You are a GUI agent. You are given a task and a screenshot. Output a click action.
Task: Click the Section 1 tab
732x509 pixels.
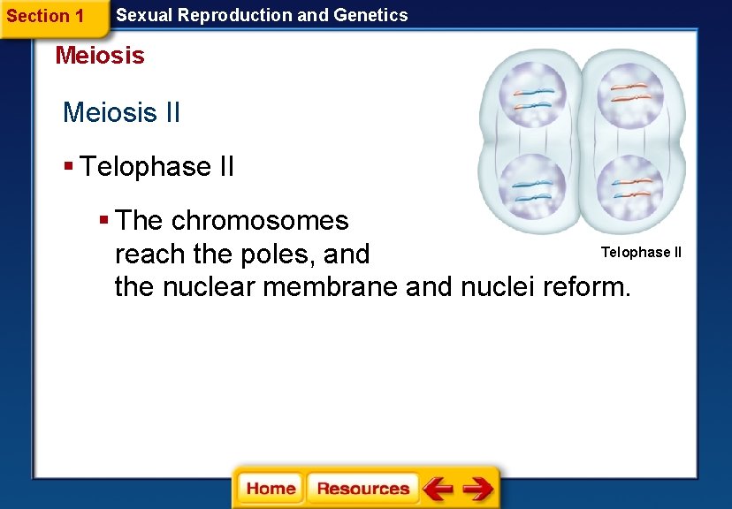point(45,17)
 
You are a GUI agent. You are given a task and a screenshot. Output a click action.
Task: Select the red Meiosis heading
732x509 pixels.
point(100,56)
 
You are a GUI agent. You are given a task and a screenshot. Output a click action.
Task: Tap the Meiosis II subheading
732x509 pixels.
point(121,113)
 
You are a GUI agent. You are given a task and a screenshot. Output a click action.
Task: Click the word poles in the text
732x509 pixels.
point(276,254)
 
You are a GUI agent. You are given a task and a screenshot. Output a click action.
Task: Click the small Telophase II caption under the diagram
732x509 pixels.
point(641,253)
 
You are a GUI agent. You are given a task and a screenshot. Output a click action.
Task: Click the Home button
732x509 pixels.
point(271,488)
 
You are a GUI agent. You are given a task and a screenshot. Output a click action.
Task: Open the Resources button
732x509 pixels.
point(362,488)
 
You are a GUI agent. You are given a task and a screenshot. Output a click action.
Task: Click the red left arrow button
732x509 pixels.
point(438,488)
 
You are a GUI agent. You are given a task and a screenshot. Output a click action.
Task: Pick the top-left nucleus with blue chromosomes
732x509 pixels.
point(532,97)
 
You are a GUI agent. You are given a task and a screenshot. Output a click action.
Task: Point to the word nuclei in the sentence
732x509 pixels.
point(495,286)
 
